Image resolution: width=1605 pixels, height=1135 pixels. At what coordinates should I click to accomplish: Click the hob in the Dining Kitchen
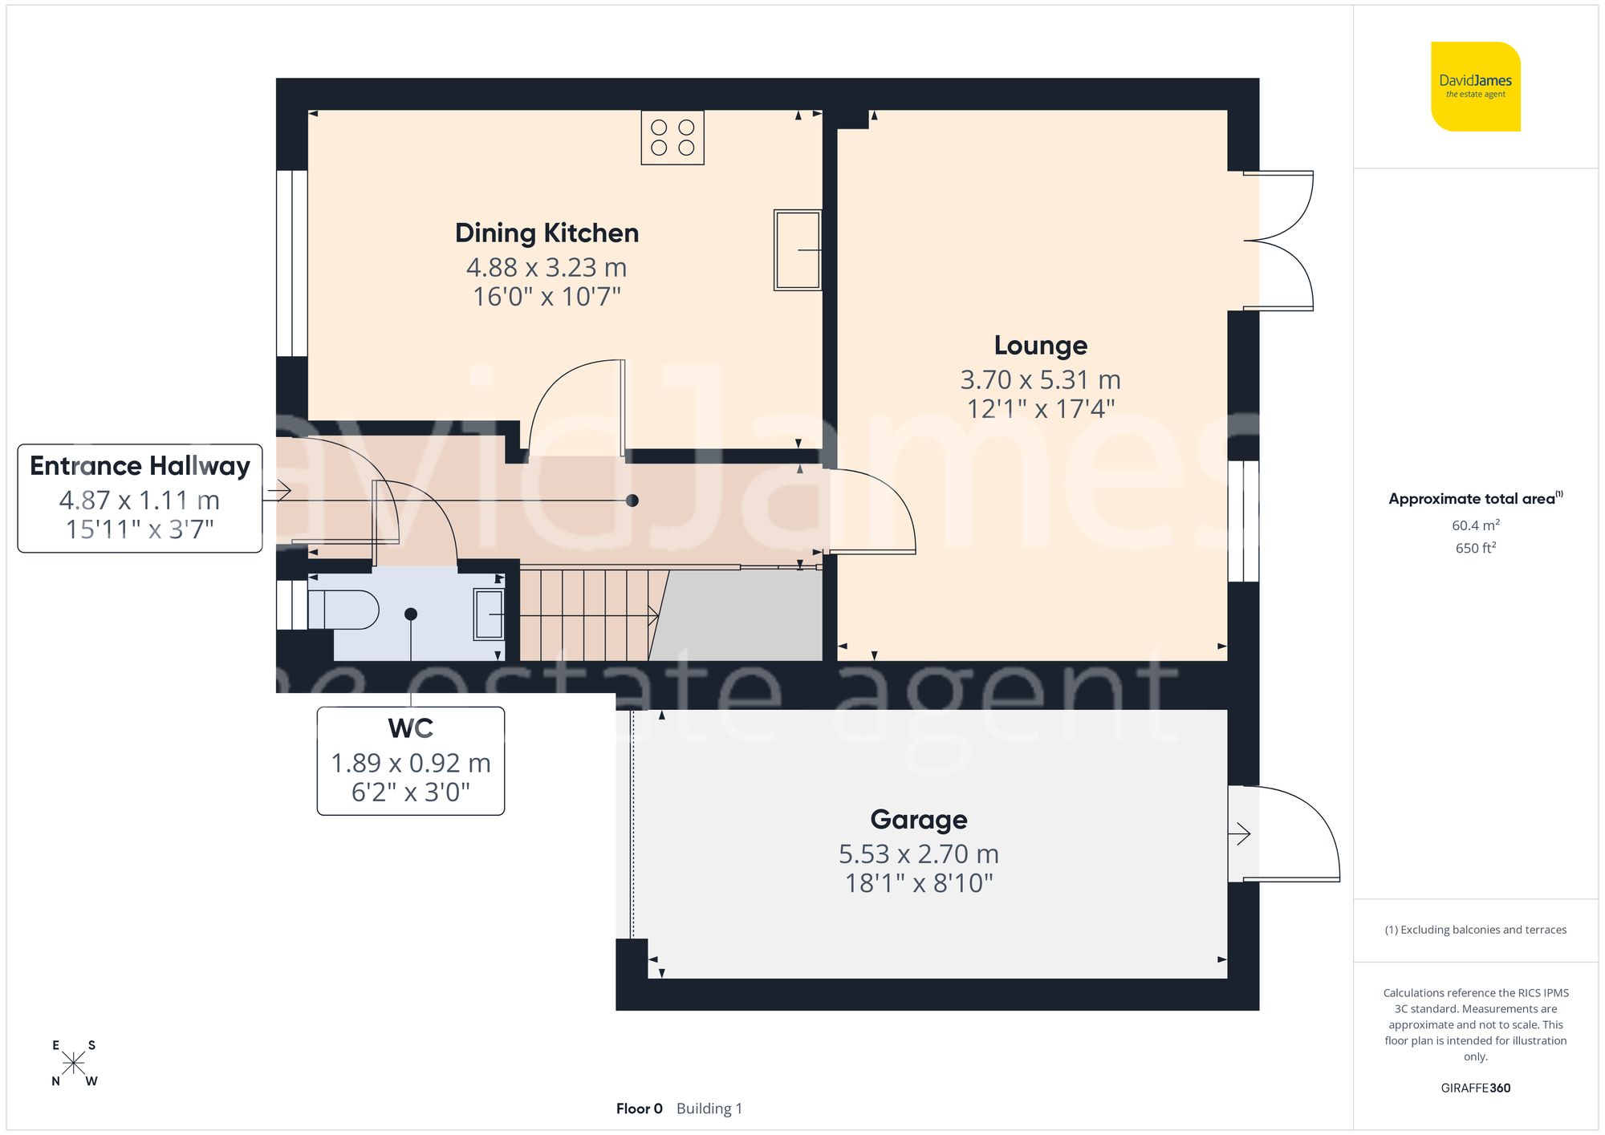(672, 138)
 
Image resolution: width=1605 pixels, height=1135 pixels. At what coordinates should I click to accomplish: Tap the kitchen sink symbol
(797, 249)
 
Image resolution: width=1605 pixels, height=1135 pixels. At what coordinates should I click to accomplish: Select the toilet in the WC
(343, 610)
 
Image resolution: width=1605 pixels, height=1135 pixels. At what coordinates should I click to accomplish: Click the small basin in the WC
(488, 614)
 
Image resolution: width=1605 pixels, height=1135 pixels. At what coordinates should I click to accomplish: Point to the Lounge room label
(1040, 345)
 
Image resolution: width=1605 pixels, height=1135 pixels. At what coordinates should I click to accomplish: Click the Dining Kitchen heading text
(547, 233)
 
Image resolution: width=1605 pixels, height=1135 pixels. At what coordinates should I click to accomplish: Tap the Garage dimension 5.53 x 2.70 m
(918, 853)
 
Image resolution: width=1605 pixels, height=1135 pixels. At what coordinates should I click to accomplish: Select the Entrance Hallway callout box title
(140, 465)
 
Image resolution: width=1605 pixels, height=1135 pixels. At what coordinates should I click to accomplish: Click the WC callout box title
(410, 728)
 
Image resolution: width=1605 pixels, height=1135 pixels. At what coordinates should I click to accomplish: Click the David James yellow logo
(1475, 87)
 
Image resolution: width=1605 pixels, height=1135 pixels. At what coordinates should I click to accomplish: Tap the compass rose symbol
(74, 1064)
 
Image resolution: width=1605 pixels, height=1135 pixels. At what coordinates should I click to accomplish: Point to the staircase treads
(583, 615)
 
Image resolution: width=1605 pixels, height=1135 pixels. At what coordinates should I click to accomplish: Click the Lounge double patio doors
(1278, 241)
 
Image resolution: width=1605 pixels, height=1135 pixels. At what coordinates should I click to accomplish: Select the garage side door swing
(1284, 834)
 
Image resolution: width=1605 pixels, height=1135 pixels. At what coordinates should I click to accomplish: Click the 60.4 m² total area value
(1475, 525)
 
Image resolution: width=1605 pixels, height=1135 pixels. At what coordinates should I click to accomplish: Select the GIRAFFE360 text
(1475, 1088)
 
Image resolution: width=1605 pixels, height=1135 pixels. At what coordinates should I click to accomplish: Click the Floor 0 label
(639, 1109)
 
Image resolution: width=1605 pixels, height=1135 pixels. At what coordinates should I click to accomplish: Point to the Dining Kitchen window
(292, 263)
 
